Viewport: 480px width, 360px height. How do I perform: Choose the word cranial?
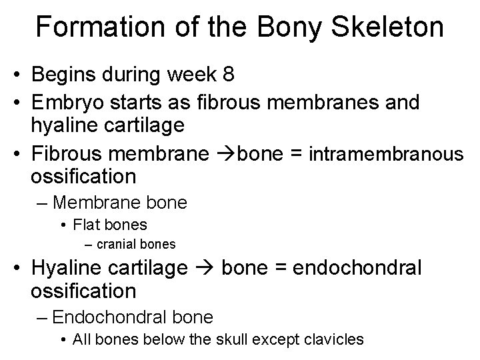pyautogui.click(x=119, y=244)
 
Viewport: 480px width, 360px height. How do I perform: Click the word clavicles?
pyautogui.click(x=333, y=339)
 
